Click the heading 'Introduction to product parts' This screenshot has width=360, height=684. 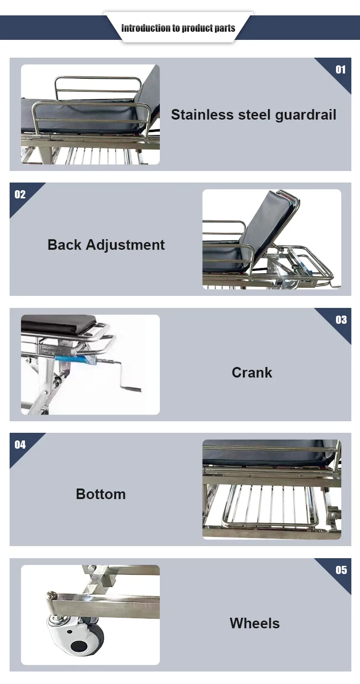click(178, 28)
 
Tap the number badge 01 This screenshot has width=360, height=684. click(340, 70)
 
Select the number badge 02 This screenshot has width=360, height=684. click(20, 195)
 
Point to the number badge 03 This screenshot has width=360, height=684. click(341, 320)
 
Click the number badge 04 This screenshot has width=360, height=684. click(20, 445)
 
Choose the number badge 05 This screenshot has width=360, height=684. click(341, 570)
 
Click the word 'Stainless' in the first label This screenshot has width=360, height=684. click(202, 115)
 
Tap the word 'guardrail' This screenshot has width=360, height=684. click(305, 115)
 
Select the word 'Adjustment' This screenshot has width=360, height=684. click(125, 245)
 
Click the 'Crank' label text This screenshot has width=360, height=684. click(252, 373)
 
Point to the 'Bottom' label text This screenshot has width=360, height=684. click(101, 494)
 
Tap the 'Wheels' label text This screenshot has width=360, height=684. click(254, 623)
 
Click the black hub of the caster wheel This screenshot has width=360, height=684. click(79, 646)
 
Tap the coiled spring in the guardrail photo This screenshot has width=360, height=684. click(46, 135)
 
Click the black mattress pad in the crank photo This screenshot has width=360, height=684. click(58, 323)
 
